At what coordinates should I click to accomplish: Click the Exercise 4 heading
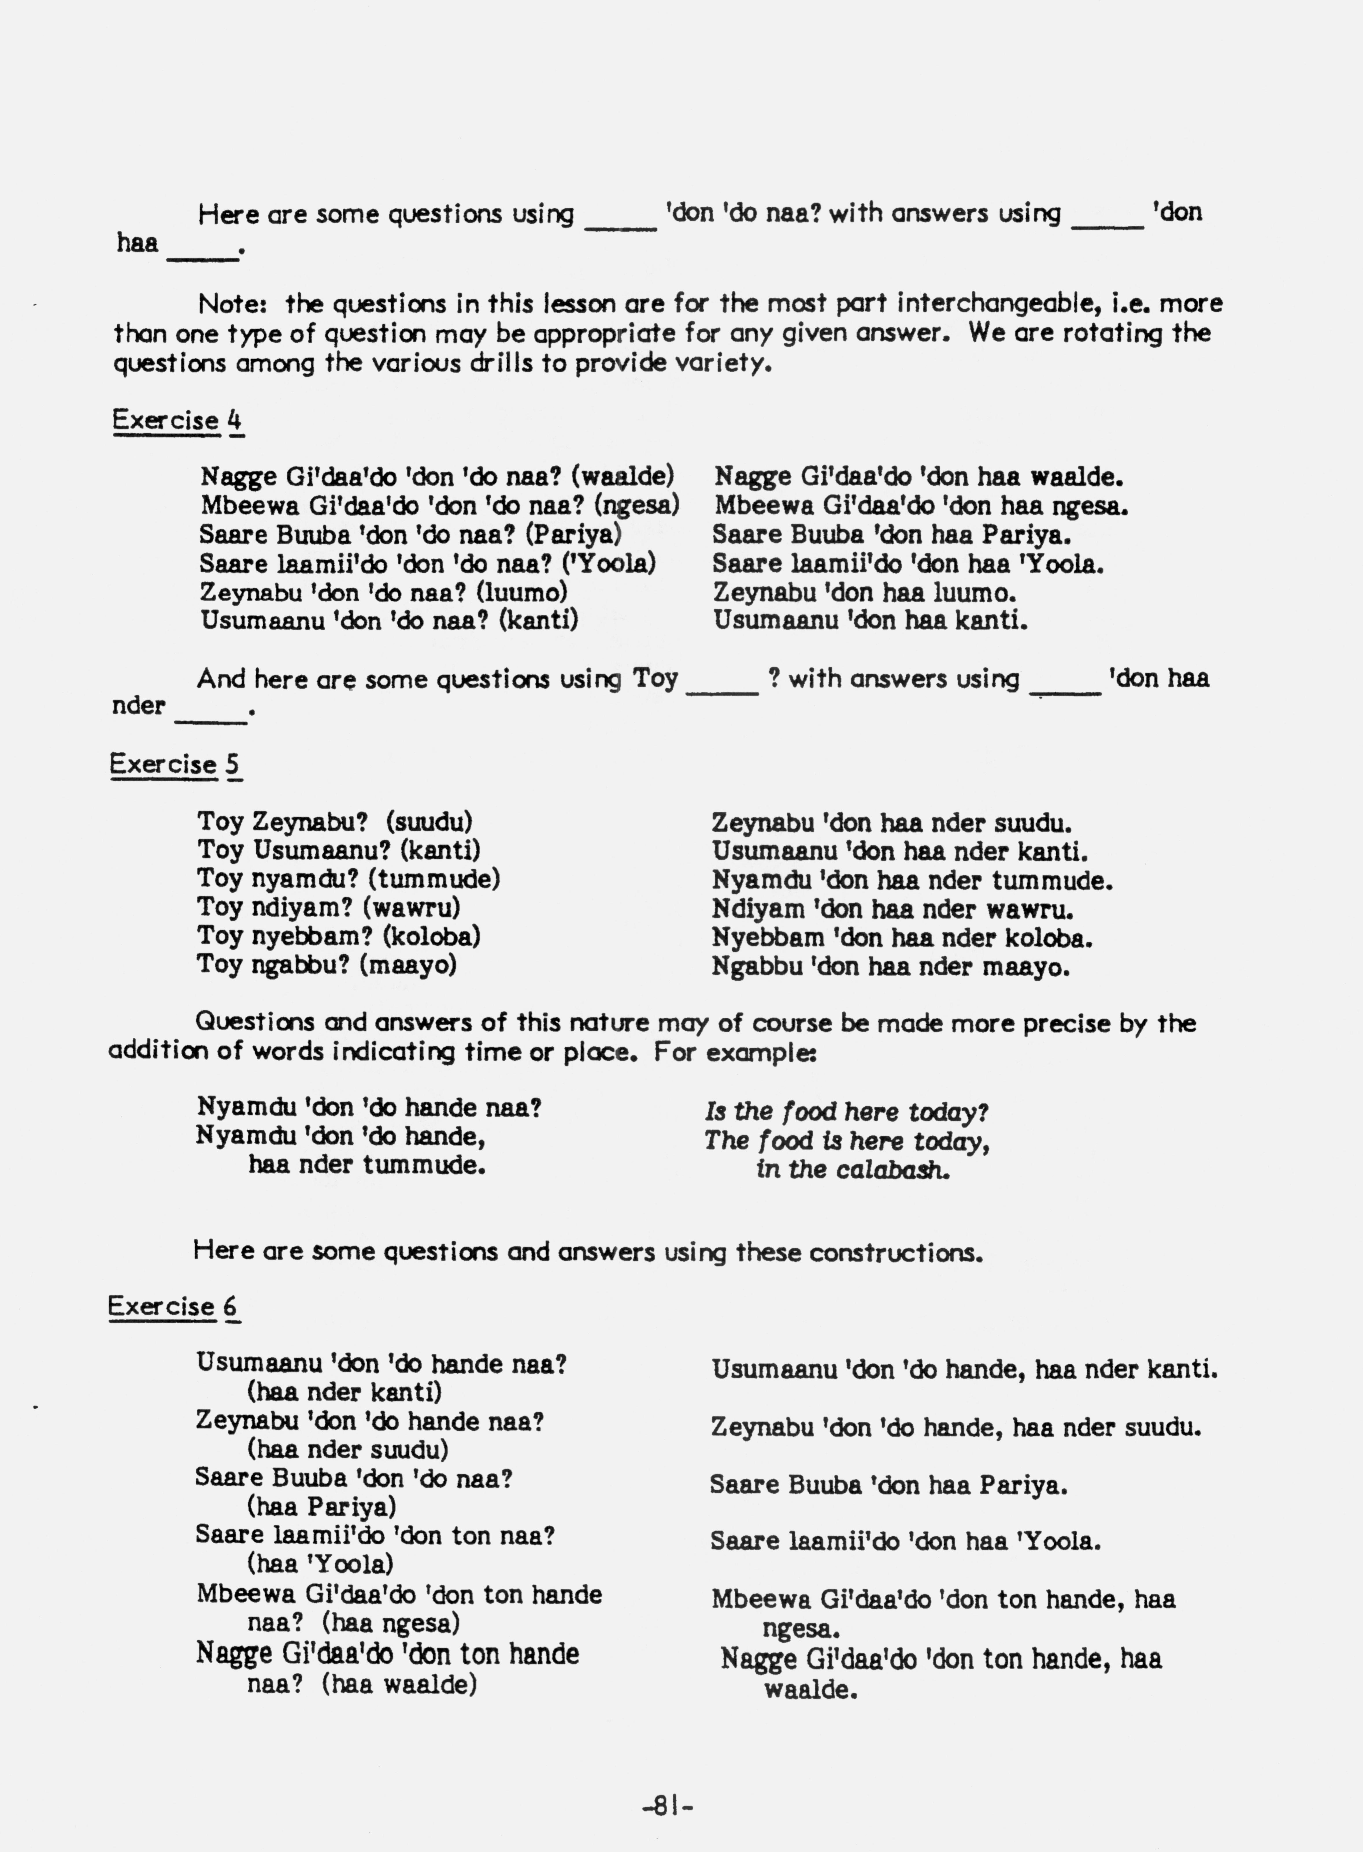(x=177, y=421)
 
